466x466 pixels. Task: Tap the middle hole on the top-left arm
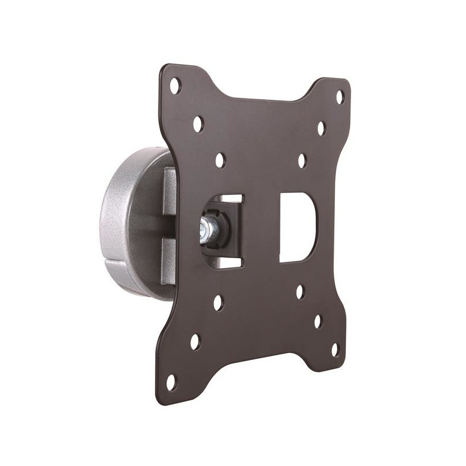[x=197, y=123]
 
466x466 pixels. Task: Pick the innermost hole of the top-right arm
[x=302, y=159]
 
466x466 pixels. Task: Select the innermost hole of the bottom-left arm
[x=217, y=303]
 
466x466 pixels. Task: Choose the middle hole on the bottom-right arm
[x=318, y=321]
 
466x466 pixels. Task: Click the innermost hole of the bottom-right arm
[x=299, y=291]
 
